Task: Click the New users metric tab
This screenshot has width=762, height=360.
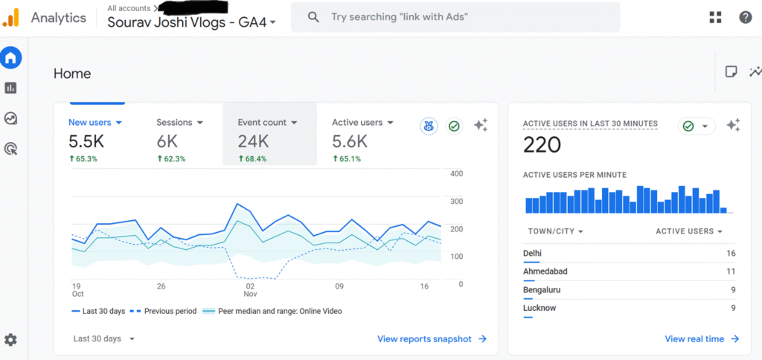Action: (95, 122)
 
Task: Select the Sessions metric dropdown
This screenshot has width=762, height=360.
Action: (179, 122)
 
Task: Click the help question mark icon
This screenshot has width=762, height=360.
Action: (745, 17)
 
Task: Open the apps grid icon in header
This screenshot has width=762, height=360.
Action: (715, 17)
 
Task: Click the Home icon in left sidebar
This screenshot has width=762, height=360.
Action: (11, 57)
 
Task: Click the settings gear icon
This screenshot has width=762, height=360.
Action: (10, 340)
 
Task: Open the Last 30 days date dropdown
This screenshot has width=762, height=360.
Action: (103, 338)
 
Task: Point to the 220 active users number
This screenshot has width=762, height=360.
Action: (542, 145)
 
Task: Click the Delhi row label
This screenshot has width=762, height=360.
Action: (532, 253)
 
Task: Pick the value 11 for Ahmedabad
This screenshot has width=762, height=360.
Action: (731, 271)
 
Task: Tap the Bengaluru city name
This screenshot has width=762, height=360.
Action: (542, 289)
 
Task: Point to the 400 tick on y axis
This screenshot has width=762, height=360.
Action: (456, 174)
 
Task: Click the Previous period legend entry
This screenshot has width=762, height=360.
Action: (170, 311)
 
